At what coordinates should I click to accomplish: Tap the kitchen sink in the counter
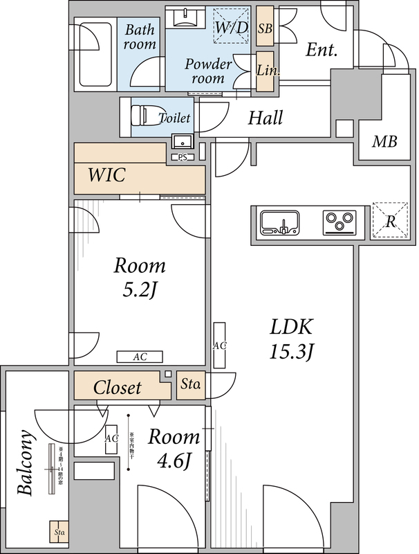coord(281,223)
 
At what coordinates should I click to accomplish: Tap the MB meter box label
coord(384,142)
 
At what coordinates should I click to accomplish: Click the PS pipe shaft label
coord(183,157)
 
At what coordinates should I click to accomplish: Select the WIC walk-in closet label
coord(106,175)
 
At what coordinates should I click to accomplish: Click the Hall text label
coord(266,118)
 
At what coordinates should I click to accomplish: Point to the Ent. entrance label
coord(322,50)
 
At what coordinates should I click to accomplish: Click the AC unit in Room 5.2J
coord(140,357)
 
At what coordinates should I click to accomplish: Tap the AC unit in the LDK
coord(220,345)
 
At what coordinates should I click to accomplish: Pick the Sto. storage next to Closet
coord(190,384)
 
